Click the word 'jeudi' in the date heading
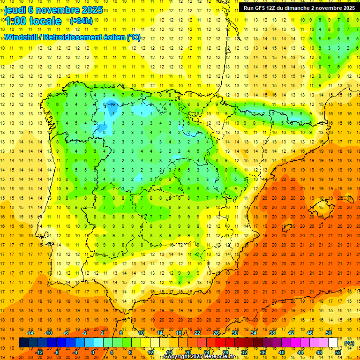15,10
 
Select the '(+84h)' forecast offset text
81,21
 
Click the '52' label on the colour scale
338,352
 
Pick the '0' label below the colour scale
93,352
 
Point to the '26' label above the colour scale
216,332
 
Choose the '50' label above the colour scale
329,332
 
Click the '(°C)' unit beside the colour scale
349,343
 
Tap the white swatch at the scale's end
333,343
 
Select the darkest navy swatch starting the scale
23,343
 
